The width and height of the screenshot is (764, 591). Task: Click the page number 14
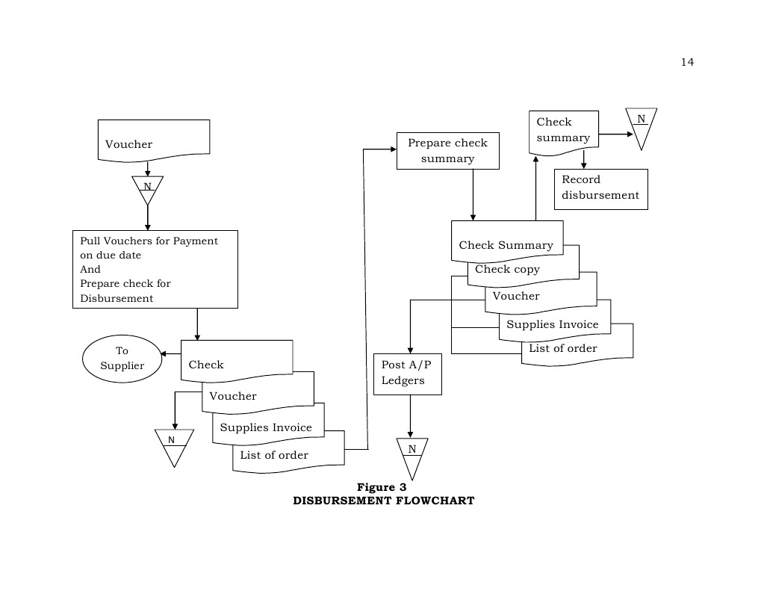(687, 62)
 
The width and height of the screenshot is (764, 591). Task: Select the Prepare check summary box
(447, 151)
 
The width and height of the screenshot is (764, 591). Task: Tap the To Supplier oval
(122, 358)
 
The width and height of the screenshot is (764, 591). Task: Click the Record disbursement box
(600, 188)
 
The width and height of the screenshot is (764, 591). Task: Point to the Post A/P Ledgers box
(407, 374)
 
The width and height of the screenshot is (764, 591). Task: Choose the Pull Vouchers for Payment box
(155, 269)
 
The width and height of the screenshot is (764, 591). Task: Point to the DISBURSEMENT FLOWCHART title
(383, 501)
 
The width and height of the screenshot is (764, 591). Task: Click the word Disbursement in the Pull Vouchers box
(117, 298)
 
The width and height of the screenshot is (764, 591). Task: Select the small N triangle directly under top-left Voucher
(147, 188)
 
